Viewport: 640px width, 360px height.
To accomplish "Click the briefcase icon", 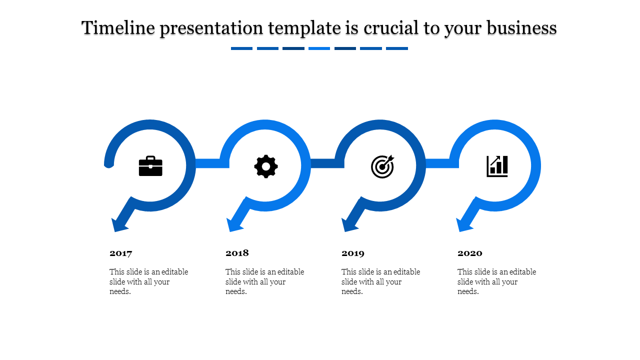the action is point(150,166).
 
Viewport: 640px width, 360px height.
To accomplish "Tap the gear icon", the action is point(266,166).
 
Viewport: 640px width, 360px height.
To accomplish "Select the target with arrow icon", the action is point(382,166).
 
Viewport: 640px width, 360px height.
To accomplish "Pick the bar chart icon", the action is point(497,166).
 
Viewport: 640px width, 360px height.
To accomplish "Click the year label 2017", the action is point(121,253).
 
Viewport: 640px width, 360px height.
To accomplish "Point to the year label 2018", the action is point(237,253).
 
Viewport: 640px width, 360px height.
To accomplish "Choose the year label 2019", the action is point(353,253).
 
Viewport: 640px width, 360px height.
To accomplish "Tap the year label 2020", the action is point(469,253).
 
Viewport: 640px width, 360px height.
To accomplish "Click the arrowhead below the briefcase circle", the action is point(119,225).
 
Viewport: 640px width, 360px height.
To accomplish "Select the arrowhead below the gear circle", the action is point(234,225).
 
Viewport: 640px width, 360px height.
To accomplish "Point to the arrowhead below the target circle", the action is point(349,225).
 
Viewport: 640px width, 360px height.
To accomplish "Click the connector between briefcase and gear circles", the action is point(212,163).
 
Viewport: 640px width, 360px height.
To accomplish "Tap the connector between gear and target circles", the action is point(327,163).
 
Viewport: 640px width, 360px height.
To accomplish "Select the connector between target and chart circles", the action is point(442,163).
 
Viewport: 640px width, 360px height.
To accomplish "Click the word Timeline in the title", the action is point(118,28).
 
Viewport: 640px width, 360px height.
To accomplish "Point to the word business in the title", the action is point(521,28).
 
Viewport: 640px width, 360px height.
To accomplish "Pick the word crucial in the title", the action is point(391,28).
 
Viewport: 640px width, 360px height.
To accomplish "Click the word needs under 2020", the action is point(468,291).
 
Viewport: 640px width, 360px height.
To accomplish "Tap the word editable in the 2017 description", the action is point(175,271).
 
